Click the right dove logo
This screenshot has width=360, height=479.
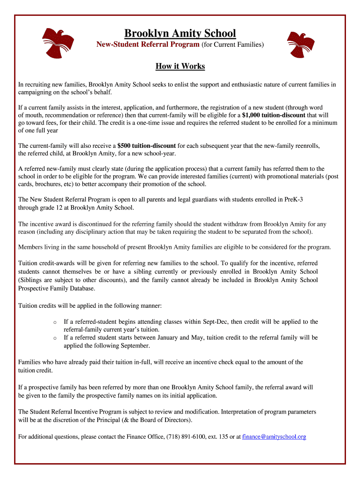(301, 45)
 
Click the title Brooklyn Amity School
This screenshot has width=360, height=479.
(180, 34)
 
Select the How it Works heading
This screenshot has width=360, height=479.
(180, 66)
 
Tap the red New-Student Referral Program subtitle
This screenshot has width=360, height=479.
(148, 45)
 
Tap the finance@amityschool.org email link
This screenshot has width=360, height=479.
(274, 436)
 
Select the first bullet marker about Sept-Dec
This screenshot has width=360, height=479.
(55, 322)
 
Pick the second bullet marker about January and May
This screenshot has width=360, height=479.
(55, 338)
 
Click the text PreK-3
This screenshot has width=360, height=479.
(294, 199)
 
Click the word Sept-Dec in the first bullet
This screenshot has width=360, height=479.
(216, 322)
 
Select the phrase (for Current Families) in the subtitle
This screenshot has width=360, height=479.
(232, 45)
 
